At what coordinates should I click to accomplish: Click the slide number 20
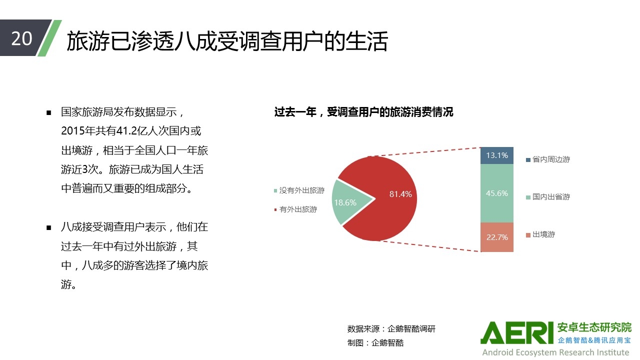pyautogui.click(x=21, y=38)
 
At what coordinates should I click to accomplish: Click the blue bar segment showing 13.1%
pyautogui.click(x=497, y=155)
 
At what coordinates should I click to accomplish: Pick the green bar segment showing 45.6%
pyautogui.click(x=497, y=193)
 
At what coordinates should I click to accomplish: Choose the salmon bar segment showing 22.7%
pyautogui.click(x=497, y=237)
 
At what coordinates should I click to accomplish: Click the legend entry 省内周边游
pyautogui.click(x=548, y=159)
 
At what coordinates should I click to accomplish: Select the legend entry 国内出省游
pyautogui.click(x=548, y=197)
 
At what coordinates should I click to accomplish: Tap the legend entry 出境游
pyautogui.click(x=540, y=234)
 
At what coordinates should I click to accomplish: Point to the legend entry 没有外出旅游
pyautogui.click(x=299, y=190)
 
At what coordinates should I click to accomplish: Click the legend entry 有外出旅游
pyautogui.click(x=295, y=209)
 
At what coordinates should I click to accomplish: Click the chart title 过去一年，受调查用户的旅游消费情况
pyautogui.click(x=363, y=112)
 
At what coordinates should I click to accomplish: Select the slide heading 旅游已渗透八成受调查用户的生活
pyautogui.click(x=227, y=41)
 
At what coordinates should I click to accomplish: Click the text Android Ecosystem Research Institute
pyautogui.click(x=555, y=352)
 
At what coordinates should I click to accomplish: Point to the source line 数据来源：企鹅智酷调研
pyautogui.click(x=391, y=329)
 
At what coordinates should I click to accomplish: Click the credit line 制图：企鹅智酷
pyautogui.click(x=375, y=342)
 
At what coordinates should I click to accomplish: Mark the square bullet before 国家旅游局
pyautogui.click(x=49, y=113)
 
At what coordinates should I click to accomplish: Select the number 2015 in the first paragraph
pyautogui.click(x=72, y=131)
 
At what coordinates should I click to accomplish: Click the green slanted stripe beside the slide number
pyautogui.click(x=49, y=38)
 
